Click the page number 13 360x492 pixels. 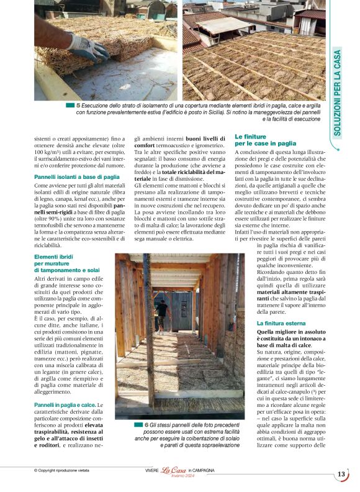coord(341,475)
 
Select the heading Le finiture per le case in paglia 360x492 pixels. coord(265,139)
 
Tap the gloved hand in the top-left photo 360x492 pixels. coord(88,48)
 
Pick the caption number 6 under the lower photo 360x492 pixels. coord(147,424)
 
